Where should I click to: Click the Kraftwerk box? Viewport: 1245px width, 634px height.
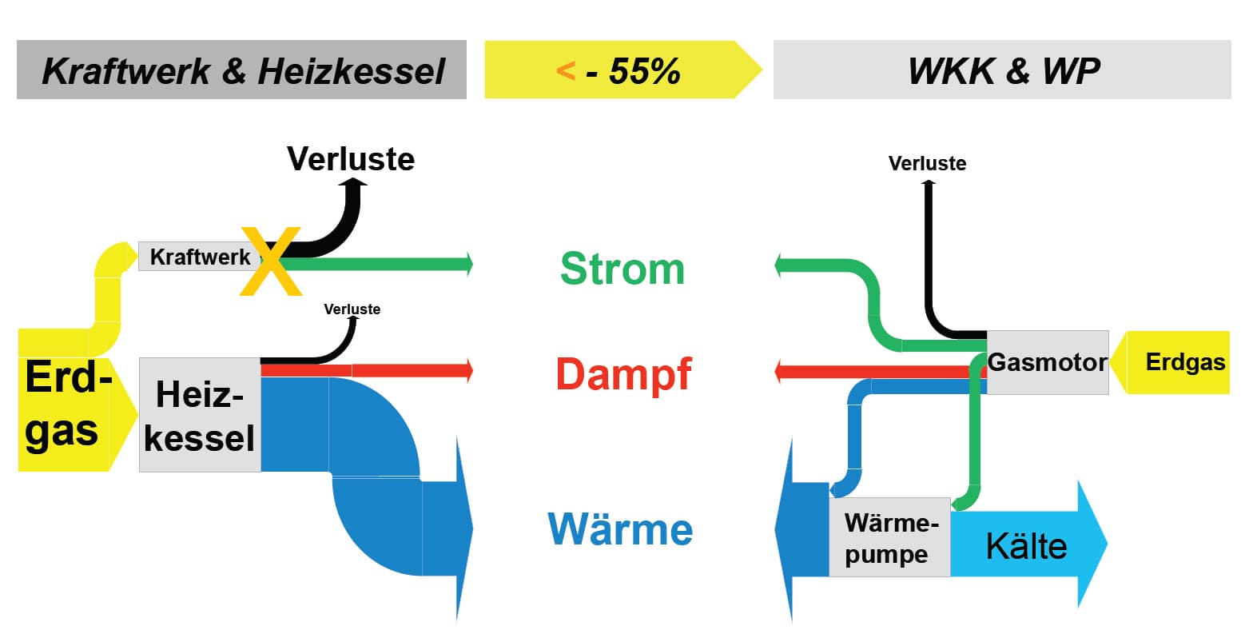pos(196,256)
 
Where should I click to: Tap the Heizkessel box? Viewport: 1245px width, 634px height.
pos(200,415)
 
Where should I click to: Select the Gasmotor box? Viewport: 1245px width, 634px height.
pos(1048,362)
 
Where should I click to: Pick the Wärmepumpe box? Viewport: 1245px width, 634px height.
pos(889,537)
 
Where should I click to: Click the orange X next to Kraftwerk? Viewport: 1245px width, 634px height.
pos(271,261)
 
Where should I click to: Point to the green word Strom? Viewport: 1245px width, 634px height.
pos(622,269)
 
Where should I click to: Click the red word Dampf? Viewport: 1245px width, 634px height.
pos(623,374)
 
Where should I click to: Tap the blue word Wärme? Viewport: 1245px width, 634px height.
pos(620,529)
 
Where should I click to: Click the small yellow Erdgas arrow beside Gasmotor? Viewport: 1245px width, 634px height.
pos(1179,362)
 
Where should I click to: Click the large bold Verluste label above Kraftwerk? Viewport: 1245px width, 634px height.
pos(351,159)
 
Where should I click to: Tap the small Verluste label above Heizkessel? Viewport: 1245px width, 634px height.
pos(352,309)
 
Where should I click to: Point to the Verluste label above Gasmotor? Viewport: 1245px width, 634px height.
pos(927,164)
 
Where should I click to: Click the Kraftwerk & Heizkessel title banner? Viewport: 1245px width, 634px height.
pos(241,70)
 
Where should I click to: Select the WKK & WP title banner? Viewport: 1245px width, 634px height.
pos(1002,70)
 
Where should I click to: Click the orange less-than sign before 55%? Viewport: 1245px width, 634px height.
pos(565,71)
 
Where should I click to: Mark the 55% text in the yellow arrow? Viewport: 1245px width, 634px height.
pos(644,71)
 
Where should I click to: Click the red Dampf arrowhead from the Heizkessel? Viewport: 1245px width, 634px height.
pos(466,370)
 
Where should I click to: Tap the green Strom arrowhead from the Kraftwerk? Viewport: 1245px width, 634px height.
pos(466,263)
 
